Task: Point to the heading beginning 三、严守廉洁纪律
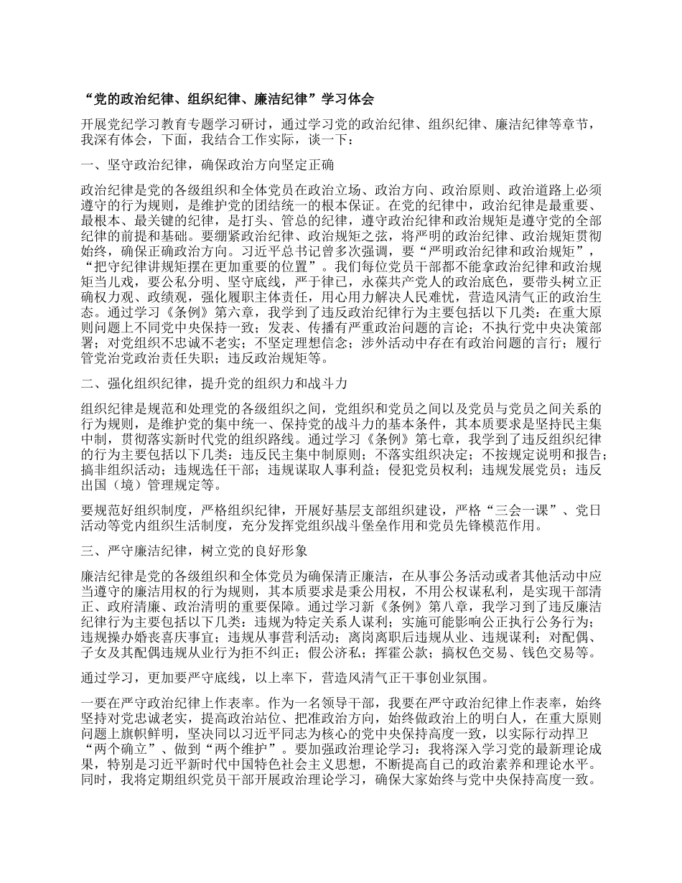point(195,551)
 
